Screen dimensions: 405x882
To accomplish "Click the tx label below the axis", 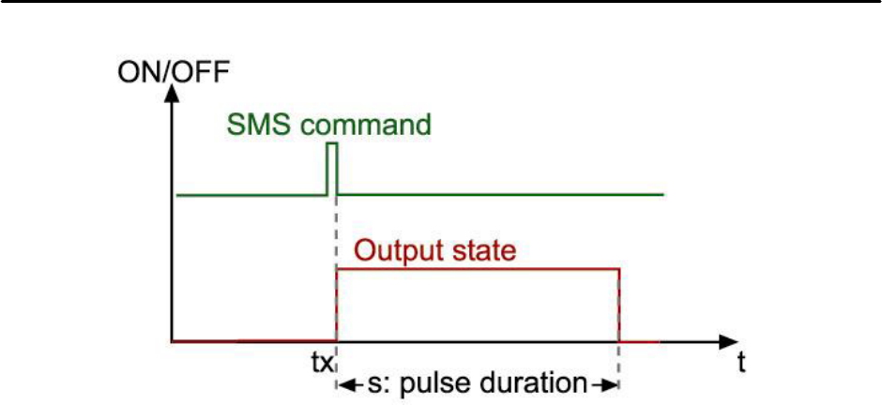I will point(322,362).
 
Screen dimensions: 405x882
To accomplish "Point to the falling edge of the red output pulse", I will point(618,306).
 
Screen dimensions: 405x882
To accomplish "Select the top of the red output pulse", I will point(478,270).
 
